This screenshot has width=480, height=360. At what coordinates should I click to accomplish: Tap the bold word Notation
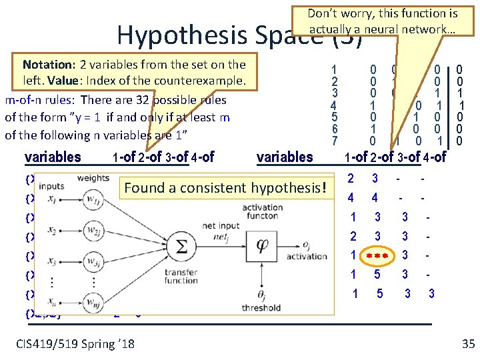pyautogui.click(x=49, y=65)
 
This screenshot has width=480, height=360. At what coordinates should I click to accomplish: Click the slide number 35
pyautogui.click(x=467, y=344)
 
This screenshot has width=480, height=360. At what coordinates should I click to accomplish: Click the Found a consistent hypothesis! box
pyautogui.click(x=227, y=188)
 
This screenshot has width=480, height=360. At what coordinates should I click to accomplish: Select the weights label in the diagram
pyautogui.click(x=92, y=178)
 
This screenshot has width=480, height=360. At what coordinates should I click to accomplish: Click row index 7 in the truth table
pyautogui.click(x=335, y=141)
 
